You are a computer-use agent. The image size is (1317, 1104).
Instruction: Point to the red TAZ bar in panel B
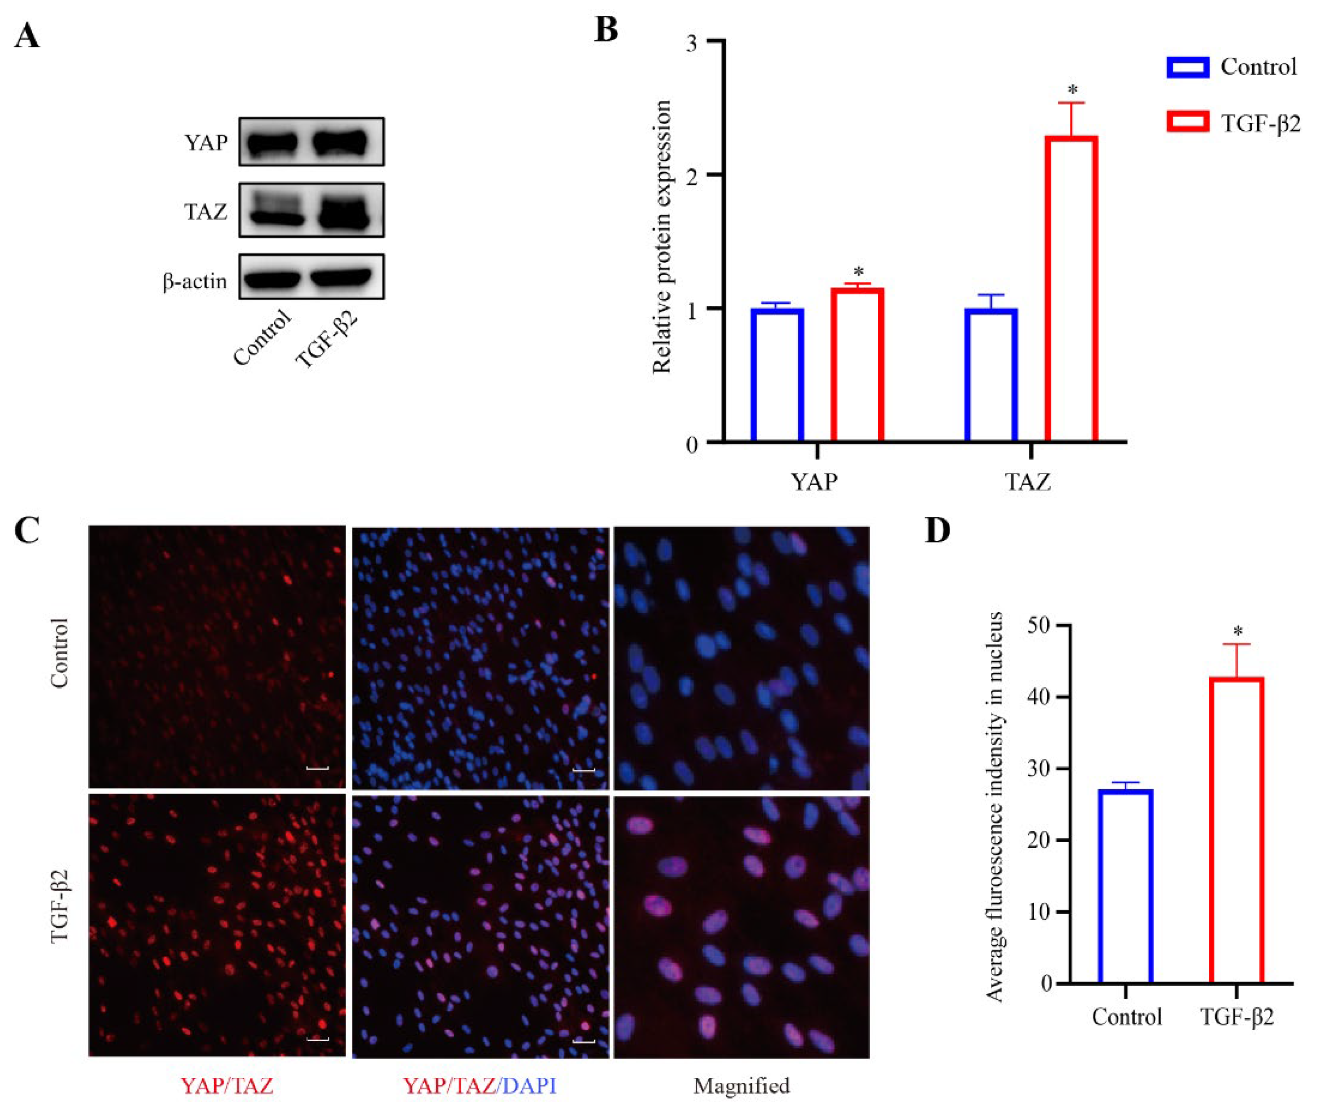pos(1071,288)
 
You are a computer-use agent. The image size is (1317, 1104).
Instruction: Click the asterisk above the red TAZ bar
pos(1072,90)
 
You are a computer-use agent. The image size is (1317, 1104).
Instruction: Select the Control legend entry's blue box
pos(1188,67)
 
